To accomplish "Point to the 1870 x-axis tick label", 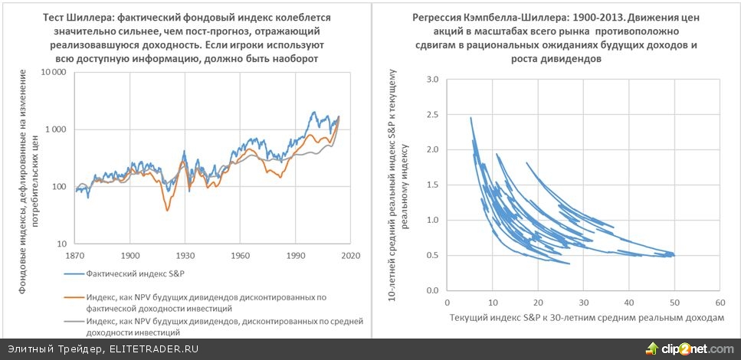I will pos(75,254).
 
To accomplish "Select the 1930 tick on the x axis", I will pos(185,254).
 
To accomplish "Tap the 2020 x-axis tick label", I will pos(350,254).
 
